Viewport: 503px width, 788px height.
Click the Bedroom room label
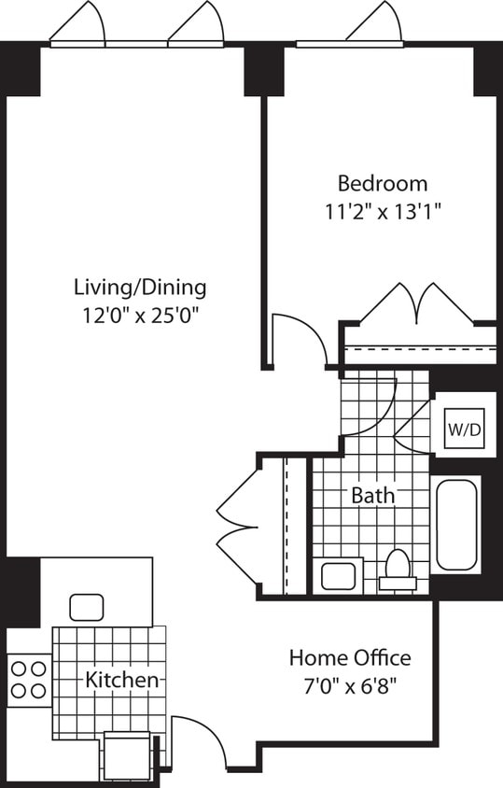[383, 183]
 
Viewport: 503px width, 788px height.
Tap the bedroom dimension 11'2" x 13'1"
[383, 211]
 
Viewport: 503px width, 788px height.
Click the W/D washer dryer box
[464, 429]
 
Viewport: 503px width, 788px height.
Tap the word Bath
[372, 495]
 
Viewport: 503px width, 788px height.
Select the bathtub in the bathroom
[456, 524]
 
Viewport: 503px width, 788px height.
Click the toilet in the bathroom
[398, 569]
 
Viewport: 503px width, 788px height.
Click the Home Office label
[349, 657]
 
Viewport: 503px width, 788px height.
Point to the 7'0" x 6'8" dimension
[349, 685]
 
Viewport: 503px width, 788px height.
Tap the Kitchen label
[121, 680]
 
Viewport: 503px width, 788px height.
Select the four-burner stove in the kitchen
[27, 679]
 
